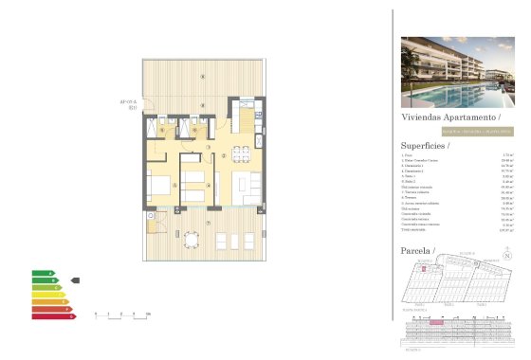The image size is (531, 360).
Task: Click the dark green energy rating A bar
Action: tap(43, 273)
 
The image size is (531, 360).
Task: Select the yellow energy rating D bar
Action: tap(47, 295)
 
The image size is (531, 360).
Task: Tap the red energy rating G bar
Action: tap(52, 316)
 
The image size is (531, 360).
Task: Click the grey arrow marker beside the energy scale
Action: tap(75, 280)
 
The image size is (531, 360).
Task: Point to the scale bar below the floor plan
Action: tap(122, 314)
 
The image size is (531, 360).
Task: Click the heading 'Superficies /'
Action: tap(425, 146)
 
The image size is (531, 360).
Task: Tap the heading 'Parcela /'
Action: tap(417, 251)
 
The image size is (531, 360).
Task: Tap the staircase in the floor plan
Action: tap(246, 122)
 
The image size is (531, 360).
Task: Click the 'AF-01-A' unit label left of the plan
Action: tap(129, 102)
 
